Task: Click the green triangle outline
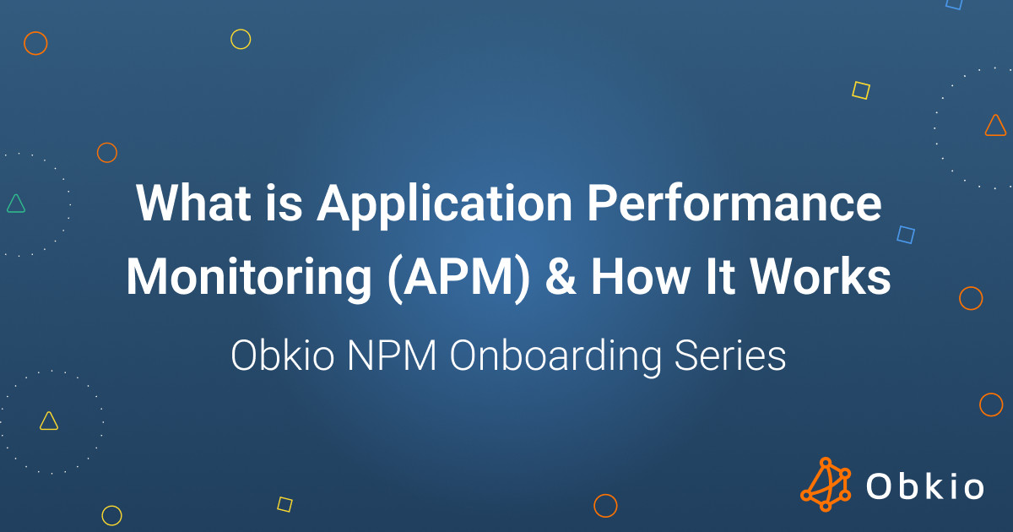[x=15, y=203]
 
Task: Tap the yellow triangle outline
[x=49, y=421]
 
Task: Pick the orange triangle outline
[x=996, y=126]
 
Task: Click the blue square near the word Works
[x=906, y=235]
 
